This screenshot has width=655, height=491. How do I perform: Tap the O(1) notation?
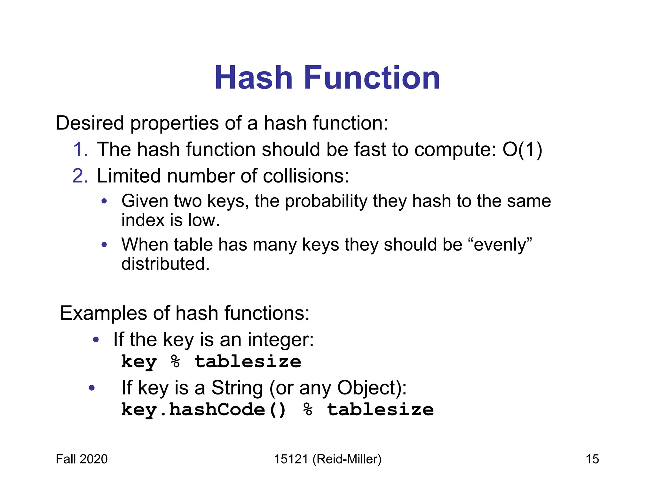tap(522, 150)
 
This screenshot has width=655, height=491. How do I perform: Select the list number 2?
tap(80, 176)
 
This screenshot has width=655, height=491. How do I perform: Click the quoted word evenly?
tap(502, 245)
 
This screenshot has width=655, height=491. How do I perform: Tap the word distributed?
tap(165, 264)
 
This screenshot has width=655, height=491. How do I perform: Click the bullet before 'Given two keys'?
tap(104, 201)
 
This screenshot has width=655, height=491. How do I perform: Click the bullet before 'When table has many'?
tap(104, 245)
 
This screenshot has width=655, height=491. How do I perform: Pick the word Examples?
tap(103, 313)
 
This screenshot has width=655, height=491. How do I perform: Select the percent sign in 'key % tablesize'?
tap(176, 362)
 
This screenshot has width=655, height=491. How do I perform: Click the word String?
tap(237, 388)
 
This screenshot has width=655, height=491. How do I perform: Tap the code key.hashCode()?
tap(204, 410)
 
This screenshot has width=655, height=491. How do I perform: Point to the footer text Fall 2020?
tap(82, 459)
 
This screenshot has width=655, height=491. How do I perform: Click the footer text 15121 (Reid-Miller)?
tap(327, 459)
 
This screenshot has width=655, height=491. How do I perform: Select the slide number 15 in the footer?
tap(592, 459)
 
